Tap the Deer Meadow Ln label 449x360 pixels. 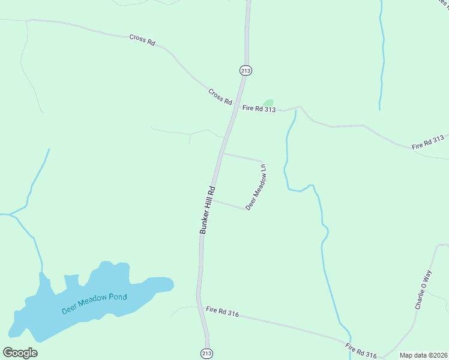tap(256, 187)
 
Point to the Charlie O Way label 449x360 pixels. tap(423, 290)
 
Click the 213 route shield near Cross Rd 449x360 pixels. tap(245, 70)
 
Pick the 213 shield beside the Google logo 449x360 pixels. tap(206, 353)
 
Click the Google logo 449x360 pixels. tap(20, 353)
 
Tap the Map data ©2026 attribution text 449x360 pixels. tap(423, 355)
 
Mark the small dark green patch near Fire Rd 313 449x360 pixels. tap(268, 103)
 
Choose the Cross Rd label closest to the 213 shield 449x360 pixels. tap(220, 97)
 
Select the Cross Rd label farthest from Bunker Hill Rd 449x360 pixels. tap(142, 40)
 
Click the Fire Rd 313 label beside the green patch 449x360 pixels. tap(259, 109)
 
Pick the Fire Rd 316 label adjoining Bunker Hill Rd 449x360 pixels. tap(222, 312)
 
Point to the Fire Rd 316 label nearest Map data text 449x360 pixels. tap(361, 351)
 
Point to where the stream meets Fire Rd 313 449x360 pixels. tap(295, 109)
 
